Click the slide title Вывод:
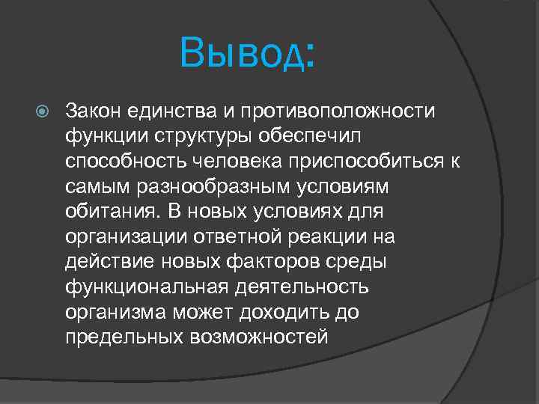click(x=248, y=53)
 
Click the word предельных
click(x=119, y=337)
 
